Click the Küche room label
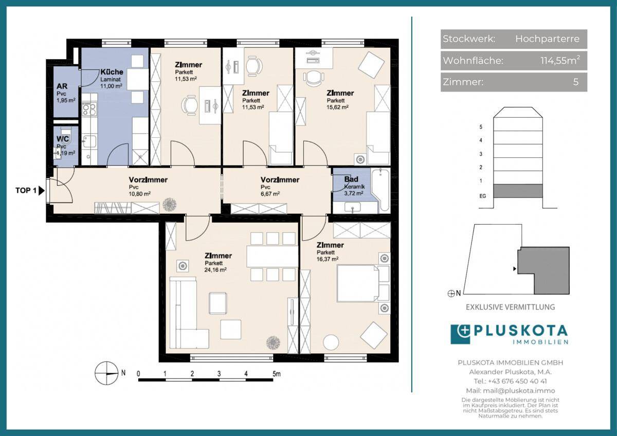point(112,72)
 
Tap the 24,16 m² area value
point(215,270)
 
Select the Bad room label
point(351,179)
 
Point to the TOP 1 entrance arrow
point(41,191)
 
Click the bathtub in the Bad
point(380,191)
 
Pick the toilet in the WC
point(66,136)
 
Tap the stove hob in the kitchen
point(89,109)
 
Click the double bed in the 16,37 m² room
point(363,283)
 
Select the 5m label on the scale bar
point(277,374)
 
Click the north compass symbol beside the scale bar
point(106,373)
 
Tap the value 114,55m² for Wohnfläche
point(560,60)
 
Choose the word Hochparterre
point(547,39)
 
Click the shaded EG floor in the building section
point(518,191)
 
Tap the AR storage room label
point(62,86)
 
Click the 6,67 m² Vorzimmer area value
point(270,194)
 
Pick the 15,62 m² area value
point(337,107)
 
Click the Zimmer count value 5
point(576,82)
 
